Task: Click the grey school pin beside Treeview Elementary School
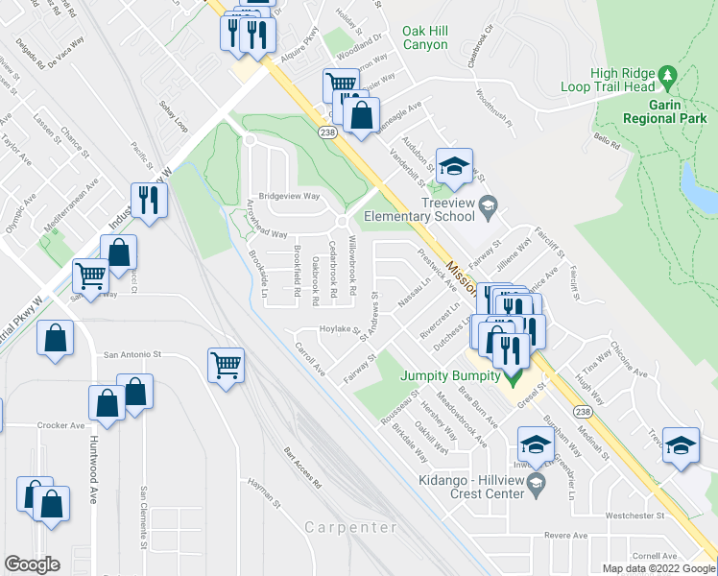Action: (488, 204)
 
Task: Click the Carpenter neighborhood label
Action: (350, 528)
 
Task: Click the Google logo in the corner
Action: (32, 564)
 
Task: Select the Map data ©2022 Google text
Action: (658, 568)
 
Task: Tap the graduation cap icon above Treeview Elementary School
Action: (455, 162)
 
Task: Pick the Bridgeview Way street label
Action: (287, 193)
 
